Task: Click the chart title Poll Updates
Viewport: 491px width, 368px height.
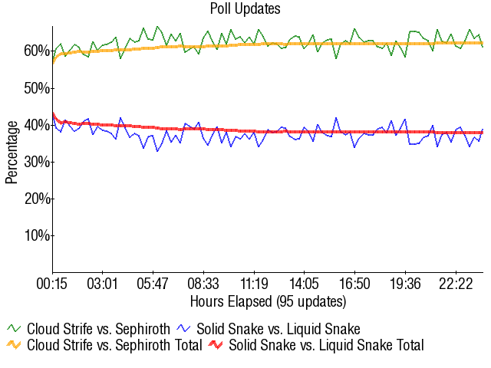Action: click(245, 9)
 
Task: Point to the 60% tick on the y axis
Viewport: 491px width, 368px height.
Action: click(38, 51)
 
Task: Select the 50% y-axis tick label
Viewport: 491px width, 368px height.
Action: click(38, 88)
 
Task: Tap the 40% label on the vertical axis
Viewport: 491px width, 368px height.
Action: click(38, 125)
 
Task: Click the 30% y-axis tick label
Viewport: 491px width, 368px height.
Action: click(38, 162)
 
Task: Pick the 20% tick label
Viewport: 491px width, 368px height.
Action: click(38, 199)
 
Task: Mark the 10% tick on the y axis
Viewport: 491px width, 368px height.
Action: click(38, 235)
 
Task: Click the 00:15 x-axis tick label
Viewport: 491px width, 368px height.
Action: click(53, 284)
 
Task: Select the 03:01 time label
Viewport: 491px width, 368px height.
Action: click(103, 284)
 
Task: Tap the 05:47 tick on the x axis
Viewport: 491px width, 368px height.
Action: click(153, 284)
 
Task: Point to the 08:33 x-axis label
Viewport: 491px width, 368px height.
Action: click(204, 284)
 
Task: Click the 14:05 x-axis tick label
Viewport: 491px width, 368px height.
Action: click(305, 284)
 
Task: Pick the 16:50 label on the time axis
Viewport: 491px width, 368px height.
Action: click(355, 284)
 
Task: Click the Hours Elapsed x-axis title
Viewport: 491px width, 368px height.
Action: click(268, 301)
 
